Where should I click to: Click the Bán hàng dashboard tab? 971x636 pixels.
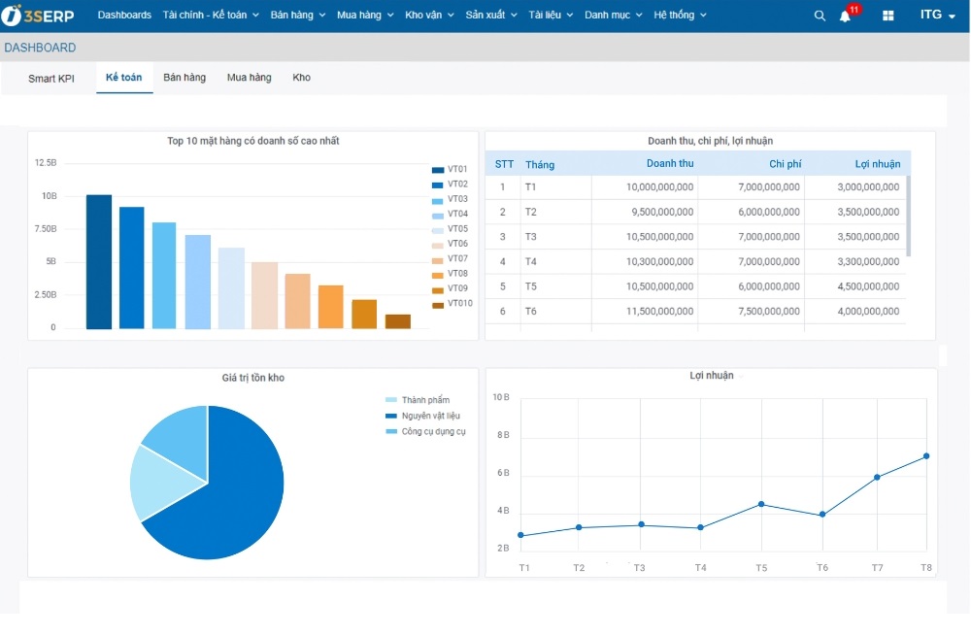pos(184,78)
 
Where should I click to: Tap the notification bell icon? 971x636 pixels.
pos(845,16)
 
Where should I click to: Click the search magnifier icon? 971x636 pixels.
pos(820,16)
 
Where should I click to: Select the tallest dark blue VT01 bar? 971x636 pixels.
pos(99,262)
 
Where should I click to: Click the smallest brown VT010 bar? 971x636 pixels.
pos(398,321)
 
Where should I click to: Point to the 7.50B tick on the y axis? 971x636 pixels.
pos(46,229)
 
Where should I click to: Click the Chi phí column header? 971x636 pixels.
pos(785,164)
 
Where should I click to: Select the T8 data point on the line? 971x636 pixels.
pos(926,456)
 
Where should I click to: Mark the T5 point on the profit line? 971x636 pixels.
pos(761,504)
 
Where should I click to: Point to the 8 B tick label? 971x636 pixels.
pos(502,435)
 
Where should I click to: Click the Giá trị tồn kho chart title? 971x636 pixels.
pos(253,378)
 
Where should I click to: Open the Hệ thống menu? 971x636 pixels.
pos(680,16)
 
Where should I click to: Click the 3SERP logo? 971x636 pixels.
pos(39,16)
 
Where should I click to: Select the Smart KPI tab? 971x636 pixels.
pos(51,79)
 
